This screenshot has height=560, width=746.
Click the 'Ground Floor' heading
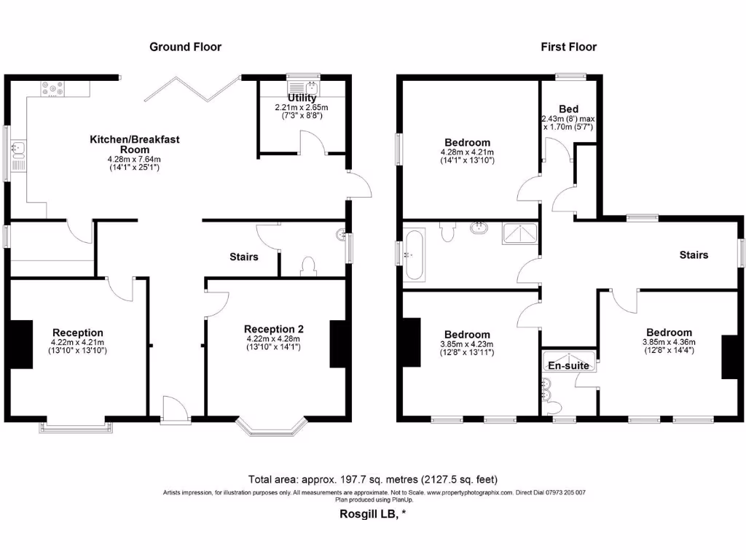[x=185, y=47]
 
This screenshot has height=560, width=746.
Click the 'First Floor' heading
[x=568, y=47]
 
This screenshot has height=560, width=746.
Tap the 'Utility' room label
[x=302, y=98]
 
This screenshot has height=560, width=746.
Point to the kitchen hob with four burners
[x=53, y=89]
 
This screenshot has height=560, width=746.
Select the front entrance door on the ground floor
[x=174, y=410]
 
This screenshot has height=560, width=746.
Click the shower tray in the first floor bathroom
[x=520, y=233]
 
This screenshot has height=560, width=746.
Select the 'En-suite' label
[x=569, y=365]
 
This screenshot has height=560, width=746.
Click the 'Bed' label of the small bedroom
[x=568, y=109]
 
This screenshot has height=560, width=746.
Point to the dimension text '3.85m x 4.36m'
[x=669, y=342]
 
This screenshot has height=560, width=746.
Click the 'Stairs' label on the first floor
[x=694, y=254]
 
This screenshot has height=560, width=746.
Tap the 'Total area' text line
[x=372, y=479]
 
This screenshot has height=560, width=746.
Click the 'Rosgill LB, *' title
[x=372, y=513]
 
